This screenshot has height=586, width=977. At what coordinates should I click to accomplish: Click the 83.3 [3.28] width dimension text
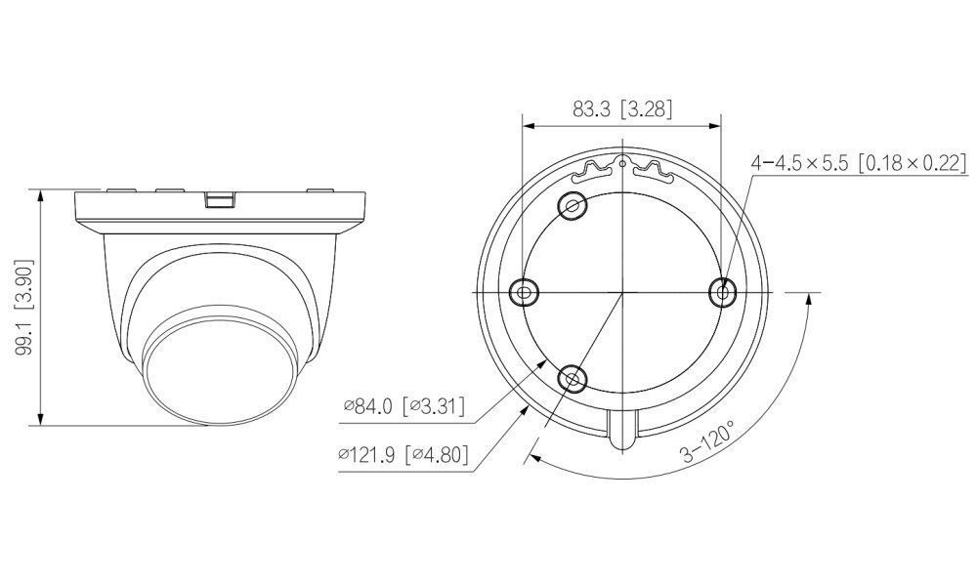622,109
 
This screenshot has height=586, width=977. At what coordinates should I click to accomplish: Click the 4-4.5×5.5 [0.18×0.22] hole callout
858,163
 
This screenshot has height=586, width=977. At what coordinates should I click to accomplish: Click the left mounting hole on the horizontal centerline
524,291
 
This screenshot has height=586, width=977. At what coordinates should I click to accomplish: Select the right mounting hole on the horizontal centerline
723,291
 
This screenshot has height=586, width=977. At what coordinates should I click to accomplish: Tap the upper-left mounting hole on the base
572,206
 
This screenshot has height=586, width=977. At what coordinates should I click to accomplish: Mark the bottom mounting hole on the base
572,377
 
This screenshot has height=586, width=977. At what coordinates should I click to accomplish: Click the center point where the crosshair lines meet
622,291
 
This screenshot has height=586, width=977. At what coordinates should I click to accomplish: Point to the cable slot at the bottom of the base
622,430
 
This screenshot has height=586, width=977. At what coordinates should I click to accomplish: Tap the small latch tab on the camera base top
221,199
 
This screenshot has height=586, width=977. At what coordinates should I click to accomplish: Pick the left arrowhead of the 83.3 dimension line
528,125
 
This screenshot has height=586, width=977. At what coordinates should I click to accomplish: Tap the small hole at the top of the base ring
622,164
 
